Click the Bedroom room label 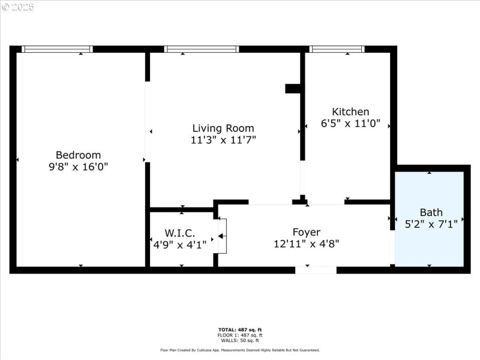(x=78, y=155)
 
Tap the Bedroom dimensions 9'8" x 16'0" (x=78, y=167)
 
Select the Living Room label (x=223, y=128)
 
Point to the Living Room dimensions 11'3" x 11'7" (x=223, y=140)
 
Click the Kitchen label (x=350, y=112)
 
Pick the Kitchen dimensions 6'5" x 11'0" (x=350, y=124)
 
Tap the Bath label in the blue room (x=431, y=212)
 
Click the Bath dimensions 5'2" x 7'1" (x=431, y=224)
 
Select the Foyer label (x=306, y=232)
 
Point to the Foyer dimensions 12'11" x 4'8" (x=306, y=244)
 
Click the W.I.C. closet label (x=180, y=232)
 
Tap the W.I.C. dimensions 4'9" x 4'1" (x=180, y=244)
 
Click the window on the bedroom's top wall (x=57, y=49)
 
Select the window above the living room (x=202, y=49)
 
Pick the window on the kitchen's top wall (x=337, y=49)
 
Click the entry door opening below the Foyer (x=316, y=270)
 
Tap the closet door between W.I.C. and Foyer (x=221, y=236)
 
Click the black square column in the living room (x=292, y=88)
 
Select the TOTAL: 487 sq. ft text (x=240, y=330)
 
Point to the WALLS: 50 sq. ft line (x=240, y=340)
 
